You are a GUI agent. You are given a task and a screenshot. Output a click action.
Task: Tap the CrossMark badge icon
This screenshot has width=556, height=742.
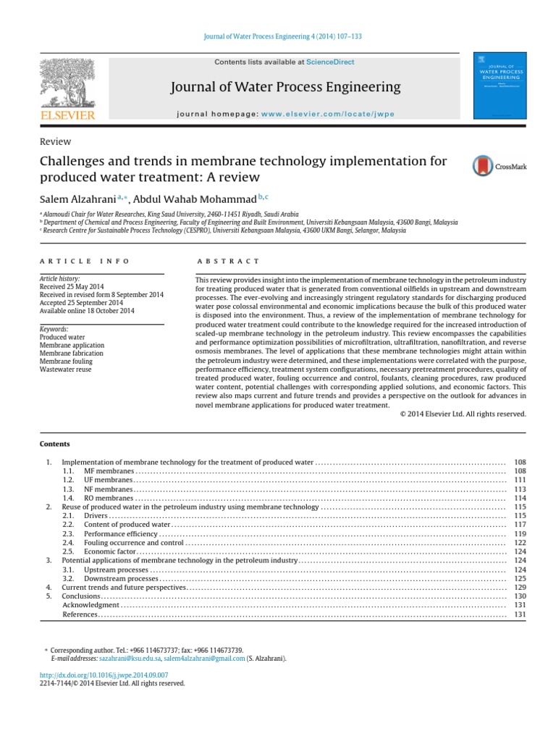(x=499, y=166)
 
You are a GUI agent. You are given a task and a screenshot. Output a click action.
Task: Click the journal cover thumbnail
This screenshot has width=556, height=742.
(x=499, y=85)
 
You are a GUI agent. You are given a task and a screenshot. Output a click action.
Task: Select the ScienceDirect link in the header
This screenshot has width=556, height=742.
(x=330, y=62)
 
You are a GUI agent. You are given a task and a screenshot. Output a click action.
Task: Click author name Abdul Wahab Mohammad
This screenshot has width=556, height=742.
(x=205, y=199)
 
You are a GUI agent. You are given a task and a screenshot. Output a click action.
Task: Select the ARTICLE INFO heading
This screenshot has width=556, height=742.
(x=85, y=261)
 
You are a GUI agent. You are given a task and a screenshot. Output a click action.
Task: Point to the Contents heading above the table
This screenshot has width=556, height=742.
(x=55, y=443)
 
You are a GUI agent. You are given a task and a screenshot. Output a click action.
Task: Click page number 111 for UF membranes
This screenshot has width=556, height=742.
(x=519, y=480)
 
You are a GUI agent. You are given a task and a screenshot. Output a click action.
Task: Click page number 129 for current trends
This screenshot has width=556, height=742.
(x=519, y=587)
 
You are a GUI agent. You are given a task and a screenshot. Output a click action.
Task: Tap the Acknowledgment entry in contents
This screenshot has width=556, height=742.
(x=90, y=604)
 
